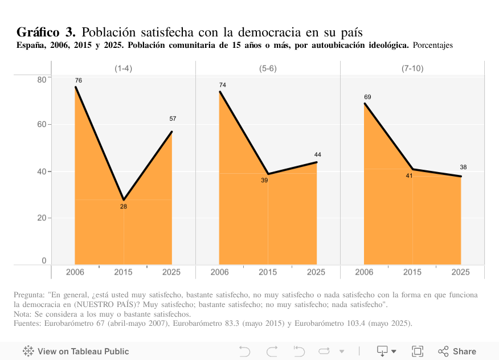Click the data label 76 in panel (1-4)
[x=79, y=80]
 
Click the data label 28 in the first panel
[x=124, y=206]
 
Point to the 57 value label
[x=173, y=118]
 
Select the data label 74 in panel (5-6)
[x=223, y=85]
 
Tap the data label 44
[x=317, y=154]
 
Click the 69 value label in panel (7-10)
[x=367, y=97]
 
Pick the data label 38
[x=463, y=167]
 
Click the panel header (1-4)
[x=124, y=68]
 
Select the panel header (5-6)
[x=268, y=68]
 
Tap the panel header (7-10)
[x=412, y=68]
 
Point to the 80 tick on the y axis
[x=42, y=79]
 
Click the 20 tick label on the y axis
[x=42, y=218]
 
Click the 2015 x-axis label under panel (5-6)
[x=268, y=272]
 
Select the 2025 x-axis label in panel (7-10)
[x=461, y=272]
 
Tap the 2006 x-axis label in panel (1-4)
[x=75, y=272]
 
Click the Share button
[x=457, y=351]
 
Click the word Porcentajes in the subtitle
[x=432, y=45]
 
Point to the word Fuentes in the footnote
[x=27, y=324]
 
